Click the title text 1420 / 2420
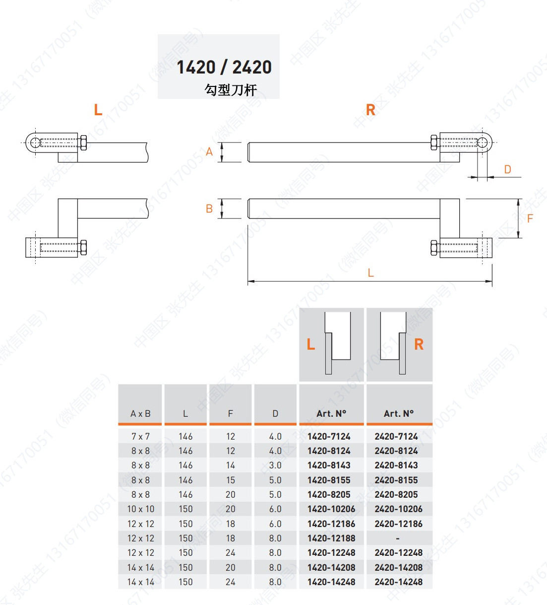coord(224,67)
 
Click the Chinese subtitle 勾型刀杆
coord(231,90)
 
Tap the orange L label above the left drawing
coord(98,110)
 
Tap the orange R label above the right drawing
coord(371,110)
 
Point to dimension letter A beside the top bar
coord(209,151)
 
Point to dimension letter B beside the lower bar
coord(209,209)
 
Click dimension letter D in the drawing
coord(508,169)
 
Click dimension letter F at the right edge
coord(530,219)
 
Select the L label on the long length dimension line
coord(371,273)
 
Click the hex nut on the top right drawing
coord(434,143)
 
